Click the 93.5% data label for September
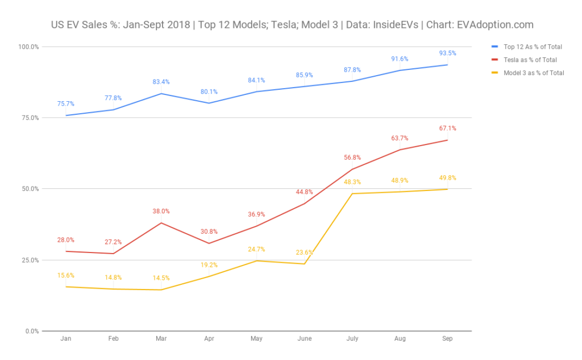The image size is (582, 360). click(447, 53)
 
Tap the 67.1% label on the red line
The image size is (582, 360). click(447, 128)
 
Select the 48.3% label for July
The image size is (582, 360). click(352, 182)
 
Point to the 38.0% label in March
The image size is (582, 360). click(161, 211)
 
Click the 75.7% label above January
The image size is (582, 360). click(65, 104)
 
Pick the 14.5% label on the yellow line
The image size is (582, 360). click(161, 278)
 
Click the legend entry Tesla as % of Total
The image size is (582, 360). click(530, 60)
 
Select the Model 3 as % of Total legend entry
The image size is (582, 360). click(534, 73)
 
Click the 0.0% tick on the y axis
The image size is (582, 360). click(31, 331)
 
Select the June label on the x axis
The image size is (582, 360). click(304, 338)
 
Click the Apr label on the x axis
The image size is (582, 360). click(209, 338)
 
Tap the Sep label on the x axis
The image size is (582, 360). click(447, 338)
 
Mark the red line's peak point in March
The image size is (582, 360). click(161, 222)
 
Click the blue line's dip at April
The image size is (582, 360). click(209, 103)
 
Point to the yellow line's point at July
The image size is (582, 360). click(352, 193)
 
